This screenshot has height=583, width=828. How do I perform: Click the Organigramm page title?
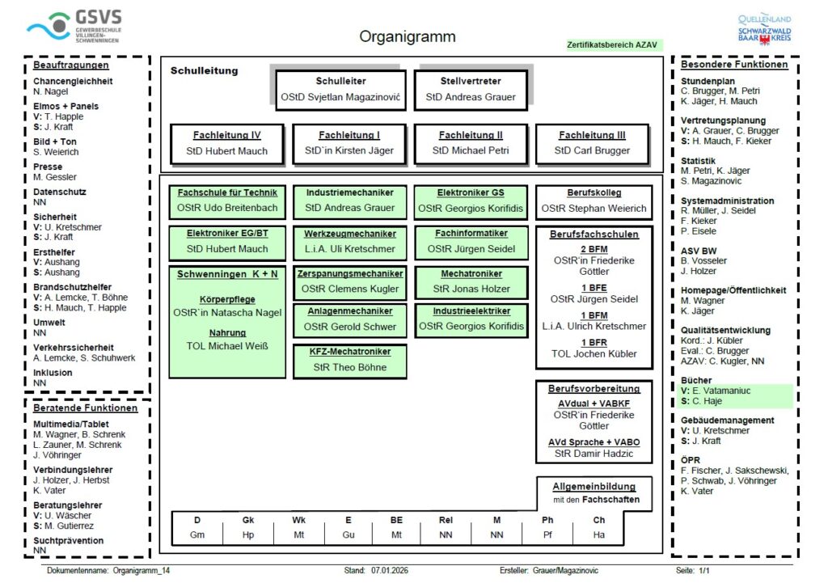(407, 36)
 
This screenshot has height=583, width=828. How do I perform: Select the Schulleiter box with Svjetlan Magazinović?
(340, 90)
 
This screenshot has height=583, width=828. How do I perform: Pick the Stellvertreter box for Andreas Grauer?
(471, 90)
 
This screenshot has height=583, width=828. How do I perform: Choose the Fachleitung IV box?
(227, 143)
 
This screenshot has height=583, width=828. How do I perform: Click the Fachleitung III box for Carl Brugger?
(592, 143)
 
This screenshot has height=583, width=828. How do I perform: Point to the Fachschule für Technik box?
(227, 201)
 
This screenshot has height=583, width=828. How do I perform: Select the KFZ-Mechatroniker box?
(349, 360)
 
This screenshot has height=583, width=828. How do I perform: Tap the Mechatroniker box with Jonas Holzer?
(471, 281)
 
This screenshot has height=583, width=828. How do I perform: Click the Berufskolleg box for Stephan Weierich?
(594, 201)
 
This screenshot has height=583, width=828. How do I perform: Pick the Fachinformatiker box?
(471, 241)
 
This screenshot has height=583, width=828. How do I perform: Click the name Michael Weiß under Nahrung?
(227, 347)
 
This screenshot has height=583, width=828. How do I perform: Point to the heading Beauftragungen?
(71, 65)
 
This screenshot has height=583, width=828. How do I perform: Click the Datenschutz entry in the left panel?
(59, 192)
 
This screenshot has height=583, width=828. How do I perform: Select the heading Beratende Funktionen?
(85, 408)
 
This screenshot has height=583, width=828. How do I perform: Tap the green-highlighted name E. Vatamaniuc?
(718, 391)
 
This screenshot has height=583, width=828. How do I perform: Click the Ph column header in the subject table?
(547, 520)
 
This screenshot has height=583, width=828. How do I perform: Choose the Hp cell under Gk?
(248, 534)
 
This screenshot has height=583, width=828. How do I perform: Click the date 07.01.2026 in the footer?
(390, 570)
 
